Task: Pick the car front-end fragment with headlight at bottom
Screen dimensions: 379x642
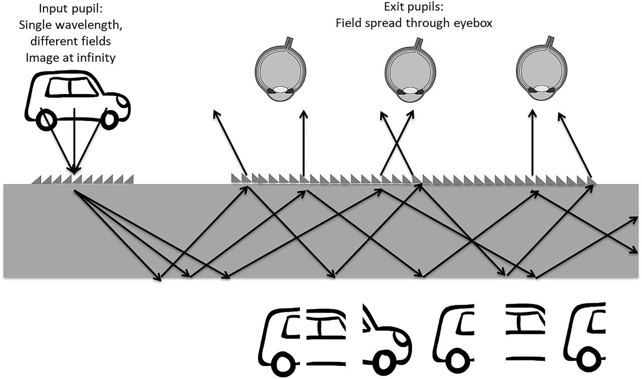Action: pos(386,341)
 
